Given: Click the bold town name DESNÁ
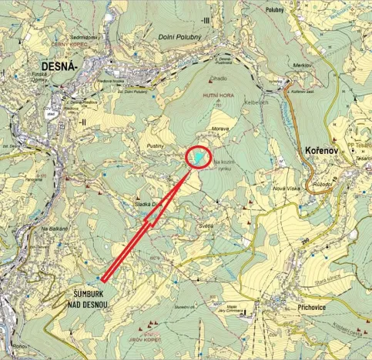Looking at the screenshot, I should click(x=55, y=68).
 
